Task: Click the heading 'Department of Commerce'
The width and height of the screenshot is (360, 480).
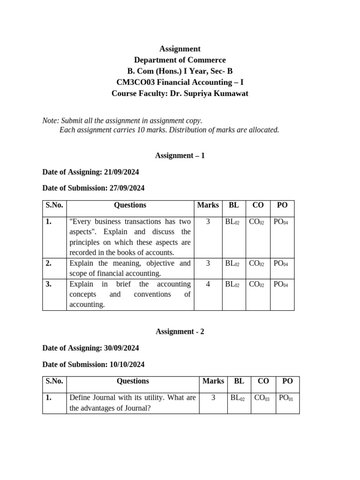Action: [180, 60]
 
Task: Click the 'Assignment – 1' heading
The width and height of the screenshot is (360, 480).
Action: [180, 155]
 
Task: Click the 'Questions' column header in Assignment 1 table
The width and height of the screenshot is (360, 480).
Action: [130, 205]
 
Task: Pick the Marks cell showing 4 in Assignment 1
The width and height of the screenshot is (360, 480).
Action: [208, 284]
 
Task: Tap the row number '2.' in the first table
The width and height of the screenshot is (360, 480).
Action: [49, 263]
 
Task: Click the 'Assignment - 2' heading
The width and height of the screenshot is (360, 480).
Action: [180, 331]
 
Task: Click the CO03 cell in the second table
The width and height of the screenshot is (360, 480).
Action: [262, 398]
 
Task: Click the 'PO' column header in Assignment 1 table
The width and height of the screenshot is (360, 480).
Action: [282, 205]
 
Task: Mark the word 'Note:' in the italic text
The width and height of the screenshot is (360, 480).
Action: [51, 120]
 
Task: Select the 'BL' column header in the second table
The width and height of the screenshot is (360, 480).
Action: [239, 381]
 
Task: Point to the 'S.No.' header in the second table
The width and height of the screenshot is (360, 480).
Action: [54, 381]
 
